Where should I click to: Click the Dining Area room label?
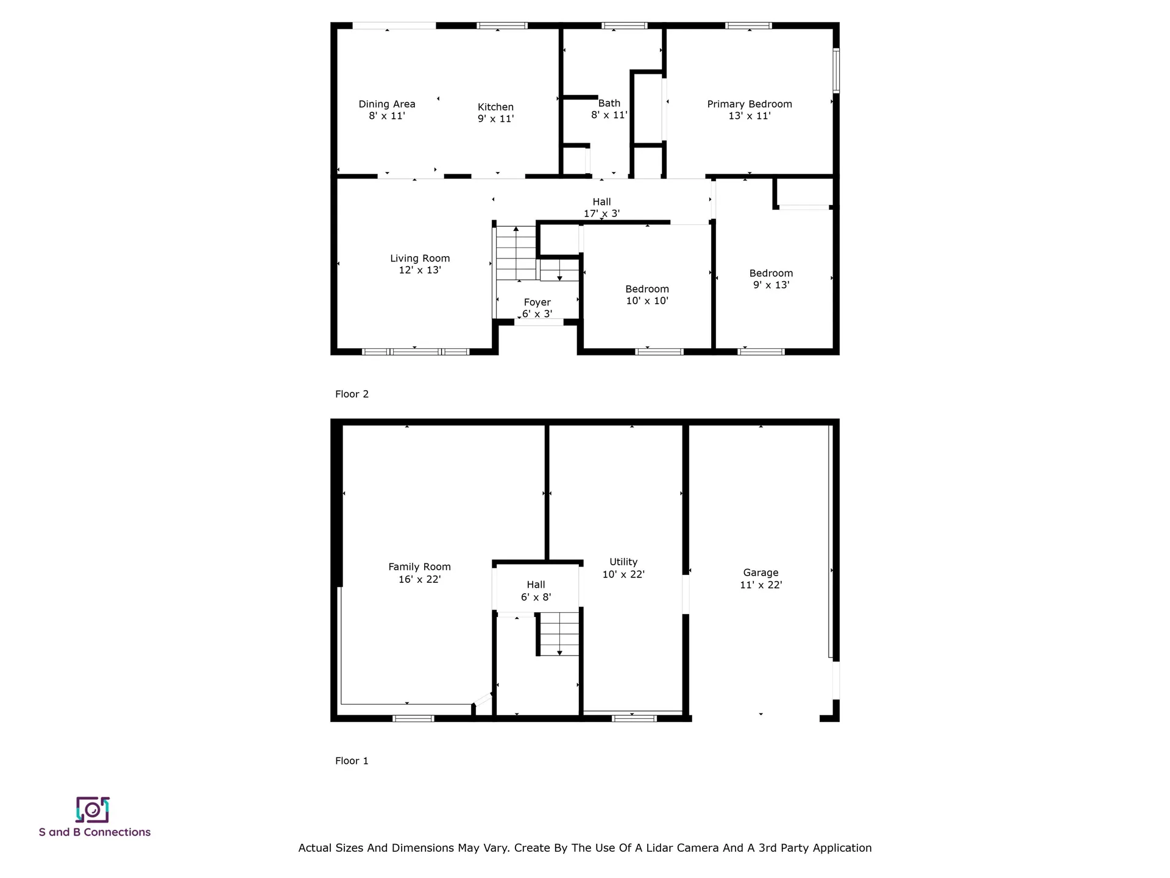point(387,104)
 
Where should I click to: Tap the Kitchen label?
point(495,107)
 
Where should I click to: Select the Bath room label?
point(609,104)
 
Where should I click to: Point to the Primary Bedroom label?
point(750,104)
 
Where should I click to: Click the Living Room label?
point(420,259)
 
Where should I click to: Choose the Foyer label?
point(537,302)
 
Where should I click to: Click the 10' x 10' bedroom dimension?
point(647,301)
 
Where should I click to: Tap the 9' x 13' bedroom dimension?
point(771,285)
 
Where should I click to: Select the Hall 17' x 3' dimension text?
point(601,213)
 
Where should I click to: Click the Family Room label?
point(420,567)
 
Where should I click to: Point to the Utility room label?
point(623,562)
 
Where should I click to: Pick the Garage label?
point(760,573)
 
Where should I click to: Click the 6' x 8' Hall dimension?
point(536,597)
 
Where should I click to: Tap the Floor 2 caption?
point(352,394)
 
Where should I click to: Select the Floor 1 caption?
point(352,760)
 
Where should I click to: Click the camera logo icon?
point(93,810)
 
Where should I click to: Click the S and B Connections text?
point(94,832)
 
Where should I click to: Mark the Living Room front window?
point(416,352)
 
